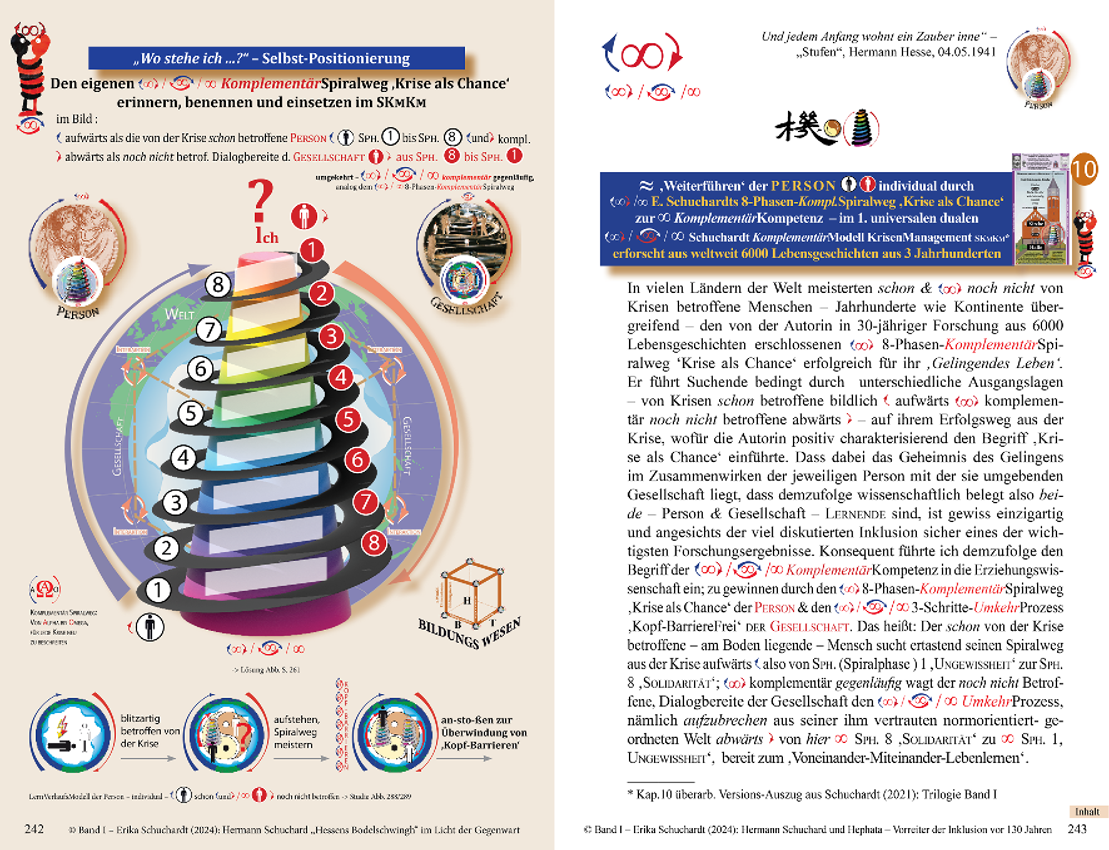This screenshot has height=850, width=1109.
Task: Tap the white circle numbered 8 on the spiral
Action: click(x=218, y=285)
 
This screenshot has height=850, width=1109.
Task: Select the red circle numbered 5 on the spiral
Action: click(x=349, y=419)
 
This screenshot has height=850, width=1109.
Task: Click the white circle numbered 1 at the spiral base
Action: click(x=158, y=589)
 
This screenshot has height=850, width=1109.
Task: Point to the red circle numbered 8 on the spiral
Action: click(x=374, y=542)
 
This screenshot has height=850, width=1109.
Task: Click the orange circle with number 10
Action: click(x=1084, y=169)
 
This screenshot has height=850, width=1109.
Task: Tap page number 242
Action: click(x=34, y=829)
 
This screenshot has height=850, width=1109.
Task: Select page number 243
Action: click(x=1077, y=829)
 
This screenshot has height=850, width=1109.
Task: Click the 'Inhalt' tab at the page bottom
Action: click(x=1087, y=812)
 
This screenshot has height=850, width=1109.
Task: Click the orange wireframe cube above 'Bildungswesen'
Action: click(x=473, y=591)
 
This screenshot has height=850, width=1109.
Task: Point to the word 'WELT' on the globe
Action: click(x=179, y=314)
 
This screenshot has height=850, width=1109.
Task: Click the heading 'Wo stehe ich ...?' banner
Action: click(x=276, y=58)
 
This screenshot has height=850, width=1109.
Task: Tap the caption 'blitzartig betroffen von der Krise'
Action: click(x=150, y=731)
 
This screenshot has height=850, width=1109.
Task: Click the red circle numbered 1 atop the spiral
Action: click(x=312, y=250)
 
